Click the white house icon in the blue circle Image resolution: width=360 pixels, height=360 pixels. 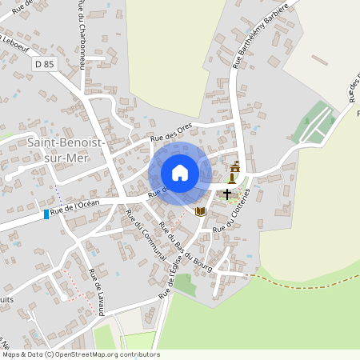[x=180, y=173]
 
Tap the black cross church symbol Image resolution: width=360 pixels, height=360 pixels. [x=227, y=194]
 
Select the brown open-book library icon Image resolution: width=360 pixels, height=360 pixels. [x=201, y=210]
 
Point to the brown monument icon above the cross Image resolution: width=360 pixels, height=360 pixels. [x=234, y=170]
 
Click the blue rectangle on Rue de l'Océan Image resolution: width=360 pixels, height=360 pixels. [x=46, y=214]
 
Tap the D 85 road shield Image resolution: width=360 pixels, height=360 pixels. [x=46, y=62]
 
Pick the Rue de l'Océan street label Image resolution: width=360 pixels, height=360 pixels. [x=76, y=207]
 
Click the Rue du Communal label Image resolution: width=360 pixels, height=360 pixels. [x=145, y=234]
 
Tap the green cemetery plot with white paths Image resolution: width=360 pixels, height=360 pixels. [x=318, y=122]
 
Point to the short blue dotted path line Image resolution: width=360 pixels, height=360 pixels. [x=57, y=195]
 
